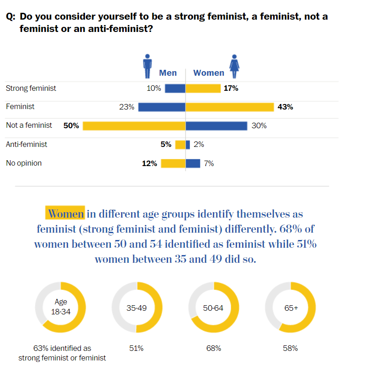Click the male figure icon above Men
pos(147,67)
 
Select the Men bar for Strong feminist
pos(175,89)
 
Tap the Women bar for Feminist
pos(229,107)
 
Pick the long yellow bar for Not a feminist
pos(134,125)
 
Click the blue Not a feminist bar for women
pos(216,125)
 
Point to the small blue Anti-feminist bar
pos(188,145)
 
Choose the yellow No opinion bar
pos(173,163)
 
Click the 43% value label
pos(285,107)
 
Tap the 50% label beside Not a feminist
pos(71,125)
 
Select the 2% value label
pos(199,145)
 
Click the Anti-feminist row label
pos(26,144)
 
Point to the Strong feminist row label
pos(31,88)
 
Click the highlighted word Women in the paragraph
pos(66,214)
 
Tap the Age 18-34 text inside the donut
pos(61,307)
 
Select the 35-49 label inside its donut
pos(137,308)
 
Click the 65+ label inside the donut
pos(291,308)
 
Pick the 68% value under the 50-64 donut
pos(214,348)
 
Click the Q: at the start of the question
pos(11,17)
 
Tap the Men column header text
pos(168,73)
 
